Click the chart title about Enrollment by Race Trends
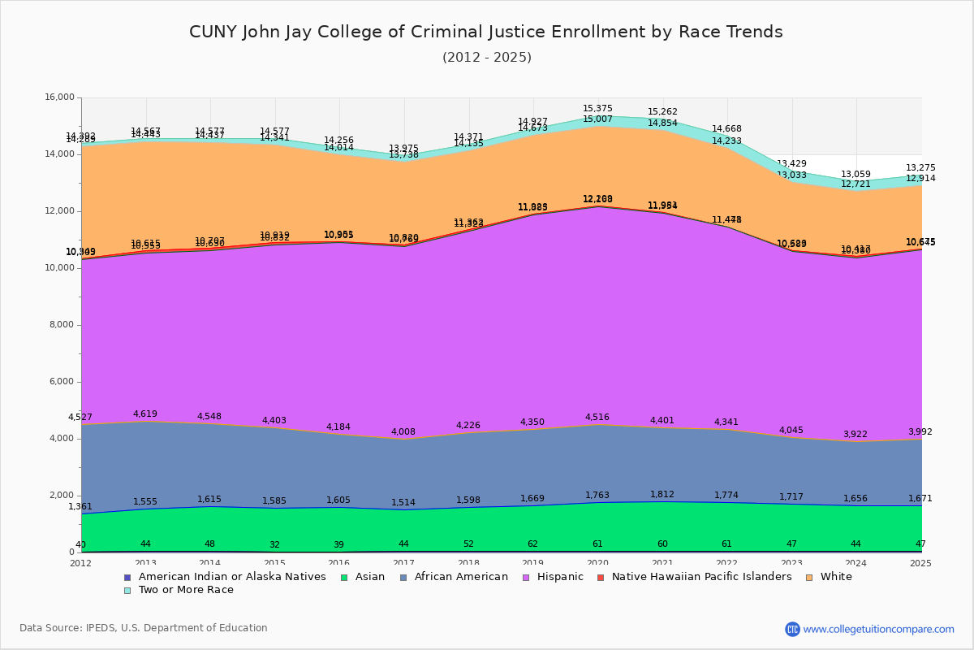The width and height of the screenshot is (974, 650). click(x=486, y=32)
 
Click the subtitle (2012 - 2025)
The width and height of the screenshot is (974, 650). click(x=486, y=58)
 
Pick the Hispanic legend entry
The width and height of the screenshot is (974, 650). click(x=555, y=577)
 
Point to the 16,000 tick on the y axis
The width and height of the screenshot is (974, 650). click(x=59, y=97)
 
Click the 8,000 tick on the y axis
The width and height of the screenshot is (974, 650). click(x=62, y=325)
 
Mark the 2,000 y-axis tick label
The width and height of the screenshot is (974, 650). click(x=62, y=496)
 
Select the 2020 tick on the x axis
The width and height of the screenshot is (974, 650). click(x=597, y=563)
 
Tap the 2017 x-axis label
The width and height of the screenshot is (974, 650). click(x=403, y=563)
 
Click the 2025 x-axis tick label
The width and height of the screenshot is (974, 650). click(x=920, y=563)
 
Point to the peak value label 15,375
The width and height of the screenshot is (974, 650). click(x=597, y=109)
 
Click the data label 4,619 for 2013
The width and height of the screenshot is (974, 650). click(x=146, y=414)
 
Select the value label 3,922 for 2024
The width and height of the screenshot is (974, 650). click(x=855, y=435)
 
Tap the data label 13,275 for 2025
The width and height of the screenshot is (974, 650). click(x=920, y=168)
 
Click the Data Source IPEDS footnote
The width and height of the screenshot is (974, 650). click(x=144, y=628)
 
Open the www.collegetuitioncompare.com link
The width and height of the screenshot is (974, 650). click(x=878, y=629)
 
